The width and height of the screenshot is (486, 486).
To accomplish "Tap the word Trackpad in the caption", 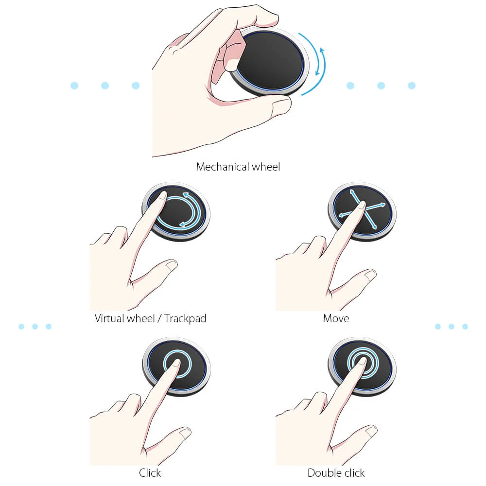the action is [185, 318].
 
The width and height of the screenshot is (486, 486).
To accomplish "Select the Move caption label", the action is [336, 318].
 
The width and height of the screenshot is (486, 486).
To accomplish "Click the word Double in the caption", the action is [325, 473].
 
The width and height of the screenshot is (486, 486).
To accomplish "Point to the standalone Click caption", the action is [150, 473].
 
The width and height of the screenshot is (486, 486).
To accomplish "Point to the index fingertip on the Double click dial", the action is [362, 362].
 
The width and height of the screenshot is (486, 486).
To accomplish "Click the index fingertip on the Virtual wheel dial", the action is [162, 195].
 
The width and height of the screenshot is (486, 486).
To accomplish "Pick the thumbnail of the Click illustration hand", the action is [185, 433].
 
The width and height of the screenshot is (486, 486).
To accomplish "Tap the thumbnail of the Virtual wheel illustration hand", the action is [172, 265].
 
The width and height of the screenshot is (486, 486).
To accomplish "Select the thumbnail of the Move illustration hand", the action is [370, 275].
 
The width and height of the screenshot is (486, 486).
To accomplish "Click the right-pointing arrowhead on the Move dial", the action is [383, 205].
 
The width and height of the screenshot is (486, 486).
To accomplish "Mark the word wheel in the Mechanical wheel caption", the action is [266, 167].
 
